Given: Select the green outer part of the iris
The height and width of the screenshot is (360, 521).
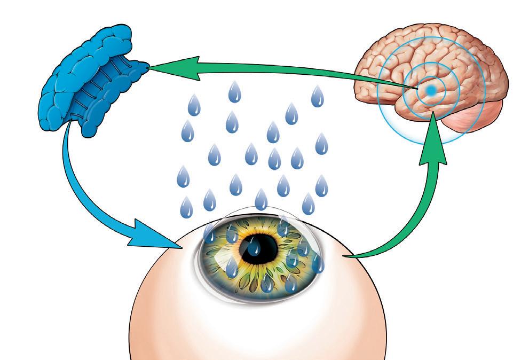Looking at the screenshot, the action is (224, 267).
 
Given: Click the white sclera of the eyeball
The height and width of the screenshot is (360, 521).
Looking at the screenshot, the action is (256, 326).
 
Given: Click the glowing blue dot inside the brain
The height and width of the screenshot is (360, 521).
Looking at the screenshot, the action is (431, 90).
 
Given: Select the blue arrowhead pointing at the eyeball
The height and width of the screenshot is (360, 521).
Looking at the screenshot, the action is (155, 235).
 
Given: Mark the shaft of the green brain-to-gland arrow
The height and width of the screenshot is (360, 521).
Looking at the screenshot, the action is (294, 72).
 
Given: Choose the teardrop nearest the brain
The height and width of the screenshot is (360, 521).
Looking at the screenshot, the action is (318, 97).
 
